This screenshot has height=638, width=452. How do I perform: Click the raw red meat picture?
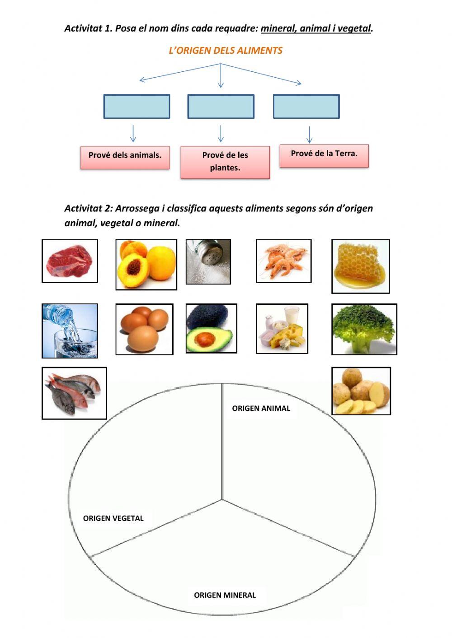(x=70, y=261)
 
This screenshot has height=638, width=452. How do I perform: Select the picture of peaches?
(x=146, y=264)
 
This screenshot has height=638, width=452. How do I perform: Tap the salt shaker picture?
(x=208, y=261)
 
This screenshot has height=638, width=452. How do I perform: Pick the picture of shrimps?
(x=284, y=261)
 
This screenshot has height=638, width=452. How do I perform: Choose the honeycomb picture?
(x=360, y=266)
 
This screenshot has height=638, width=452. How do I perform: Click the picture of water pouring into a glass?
(x=70, y=331)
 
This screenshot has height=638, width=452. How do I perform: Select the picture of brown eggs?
(x=144, y=329)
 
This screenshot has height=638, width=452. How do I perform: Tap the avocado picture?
(x=212, y=328)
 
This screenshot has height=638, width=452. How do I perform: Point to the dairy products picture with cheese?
(x=282, y=328)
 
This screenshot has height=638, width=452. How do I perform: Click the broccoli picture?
(x=364, y=329)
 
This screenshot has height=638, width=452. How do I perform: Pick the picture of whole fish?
(x=74, y=393)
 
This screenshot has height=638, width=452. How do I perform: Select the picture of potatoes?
(x=361, y=391)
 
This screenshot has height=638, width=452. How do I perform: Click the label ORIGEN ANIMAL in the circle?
(x=261, y=409)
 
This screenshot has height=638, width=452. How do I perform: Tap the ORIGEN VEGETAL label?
(x=113, y=518)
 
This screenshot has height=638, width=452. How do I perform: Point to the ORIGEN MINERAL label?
(x=225, y=595)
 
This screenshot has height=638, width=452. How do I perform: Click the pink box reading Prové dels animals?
(x=125, y=158)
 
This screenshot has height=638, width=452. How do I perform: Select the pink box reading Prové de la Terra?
(x=324, y=156)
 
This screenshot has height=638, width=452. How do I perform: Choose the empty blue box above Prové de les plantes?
(x=221, y=106)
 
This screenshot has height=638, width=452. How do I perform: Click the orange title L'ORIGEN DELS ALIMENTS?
(x=226, y=51)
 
